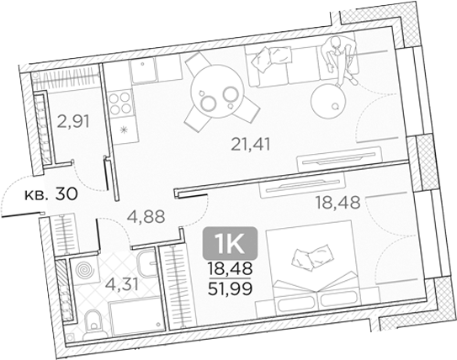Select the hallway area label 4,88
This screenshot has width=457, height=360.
tap(144, 215)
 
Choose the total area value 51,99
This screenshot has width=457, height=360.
tap(225, 291)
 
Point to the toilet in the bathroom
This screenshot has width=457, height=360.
tap(95, 319)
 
